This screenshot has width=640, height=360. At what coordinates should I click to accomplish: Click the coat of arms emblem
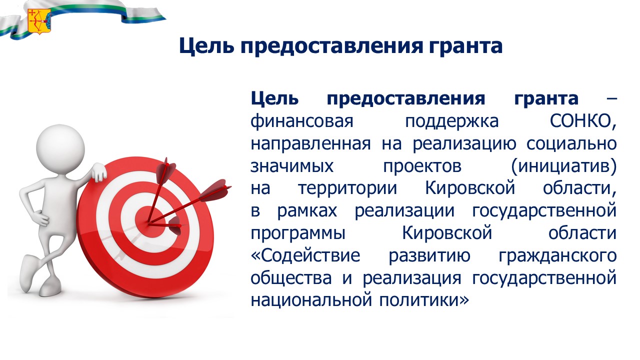coord(39,20)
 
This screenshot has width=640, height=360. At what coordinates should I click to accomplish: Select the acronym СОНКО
coord(583,121)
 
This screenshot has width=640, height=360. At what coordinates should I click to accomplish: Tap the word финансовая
coord(302,121)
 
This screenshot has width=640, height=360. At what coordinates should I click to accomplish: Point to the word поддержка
coord(451,121)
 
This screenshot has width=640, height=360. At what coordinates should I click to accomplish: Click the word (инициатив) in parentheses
coord(563,166)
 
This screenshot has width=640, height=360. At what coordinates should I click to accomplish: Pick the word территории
coord(347,188)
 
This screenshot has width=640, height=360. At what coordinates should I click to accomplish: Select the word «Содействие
coord(305,255)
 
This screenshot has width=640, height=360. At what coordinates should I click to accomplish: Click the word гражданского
coord(557,256)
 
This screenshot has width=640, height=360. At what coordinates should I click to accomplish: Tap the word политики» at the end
coord(424,300)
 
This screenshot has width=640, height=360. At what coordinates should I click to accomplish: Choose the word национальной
coord(311,300)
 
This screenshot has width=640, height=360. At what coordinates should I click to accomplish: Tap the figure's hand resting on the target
coord(98,171)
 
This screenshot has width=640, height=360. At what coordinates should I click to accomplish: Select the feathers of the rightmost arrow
coord(217,189)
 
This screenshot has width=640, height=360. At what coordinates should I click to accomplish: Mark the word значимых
coord(292,166)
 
